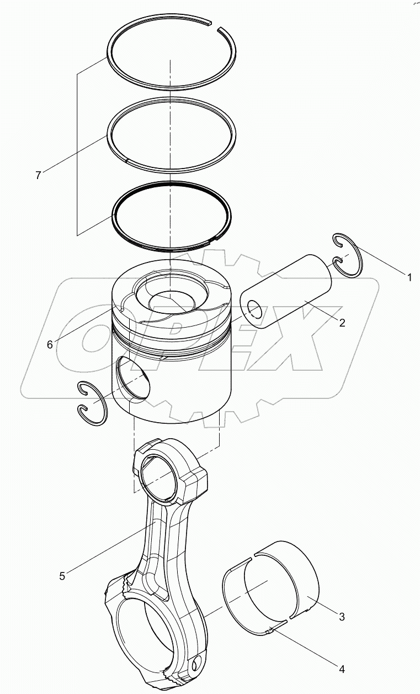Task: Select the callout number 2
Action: pos(342,323)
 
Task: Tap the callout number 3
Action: pos(342,617)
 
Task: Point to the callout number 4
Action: pos(342,669)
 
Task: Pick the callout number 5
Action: pos(62,576)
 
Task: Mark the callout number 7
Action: pos(38,176)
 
